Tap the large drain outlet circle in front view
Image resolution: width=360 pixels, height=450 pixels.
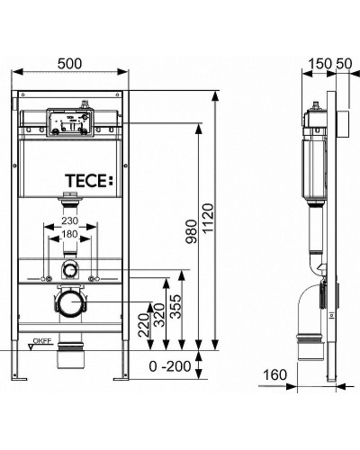(69, 302)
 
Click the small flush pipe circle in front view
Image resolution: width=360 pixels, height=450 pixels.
(69, 270)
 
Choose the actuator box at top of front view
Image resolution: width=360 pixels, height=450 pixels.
(69, 124)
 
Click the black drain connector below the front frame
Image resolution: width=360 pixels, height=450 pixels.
(69, 359)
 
